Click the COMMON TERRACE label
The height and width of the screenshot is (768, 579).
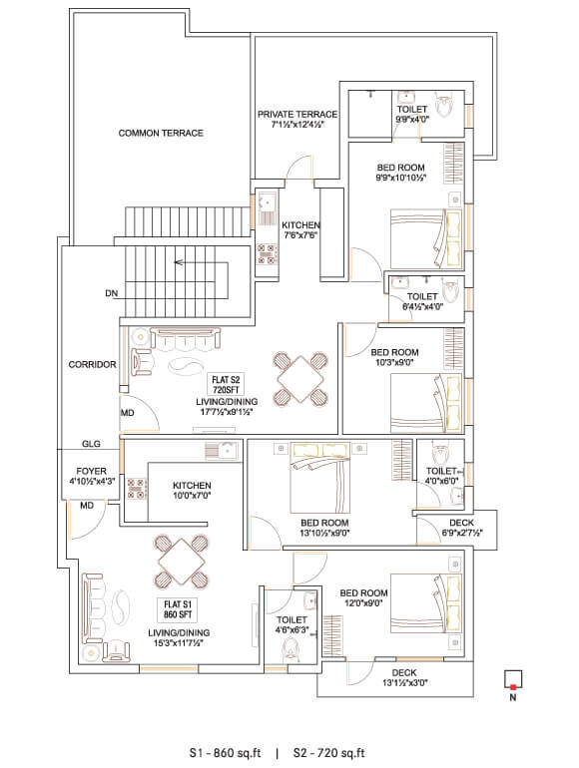coord(161,133)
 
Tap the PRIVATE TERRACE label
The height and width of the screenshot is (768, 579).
coord(297,114)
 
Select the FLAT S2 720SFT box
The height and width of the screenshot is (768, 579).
coord(226,384)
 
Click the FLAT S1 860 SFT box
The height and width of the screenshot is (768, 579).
coord(178,609)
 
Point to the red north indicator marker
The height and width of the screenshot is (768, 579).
coord(513,687)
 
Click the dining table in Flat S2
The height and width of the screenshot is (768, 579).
coord(300,378)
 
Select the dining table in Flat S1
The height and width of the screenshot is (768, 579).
coord(182,562)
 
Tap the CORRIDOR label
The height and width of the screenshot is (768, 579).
coord(92,364)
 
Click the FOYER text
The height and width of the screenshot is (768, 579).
coord(92,471)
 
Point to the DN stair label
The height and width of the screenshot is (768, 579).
coord(111,293)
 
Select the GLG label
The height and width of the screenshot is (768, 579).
coord(91,444)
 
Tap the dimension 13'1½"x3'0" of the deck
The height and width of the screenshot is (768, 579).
coord(405,683)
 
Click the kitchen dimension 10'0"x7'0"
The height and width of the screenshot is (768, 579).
coord(192,496)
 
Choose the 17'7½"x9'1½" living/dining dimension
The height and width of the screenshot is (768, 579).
coord(227,412)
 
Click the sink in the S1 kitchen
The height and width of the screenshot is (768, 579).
coord(221,451)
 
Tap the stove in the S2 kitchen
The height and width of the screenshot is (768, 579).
coord(268,254)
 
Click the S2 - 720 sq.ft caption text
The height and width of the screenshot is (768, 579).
coord(329,753)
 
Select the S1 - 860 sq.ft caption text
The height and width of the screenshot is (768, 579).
coord(225,753)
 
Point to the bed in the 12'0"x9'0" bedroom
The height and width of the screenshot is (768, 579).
coord(426,602)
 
